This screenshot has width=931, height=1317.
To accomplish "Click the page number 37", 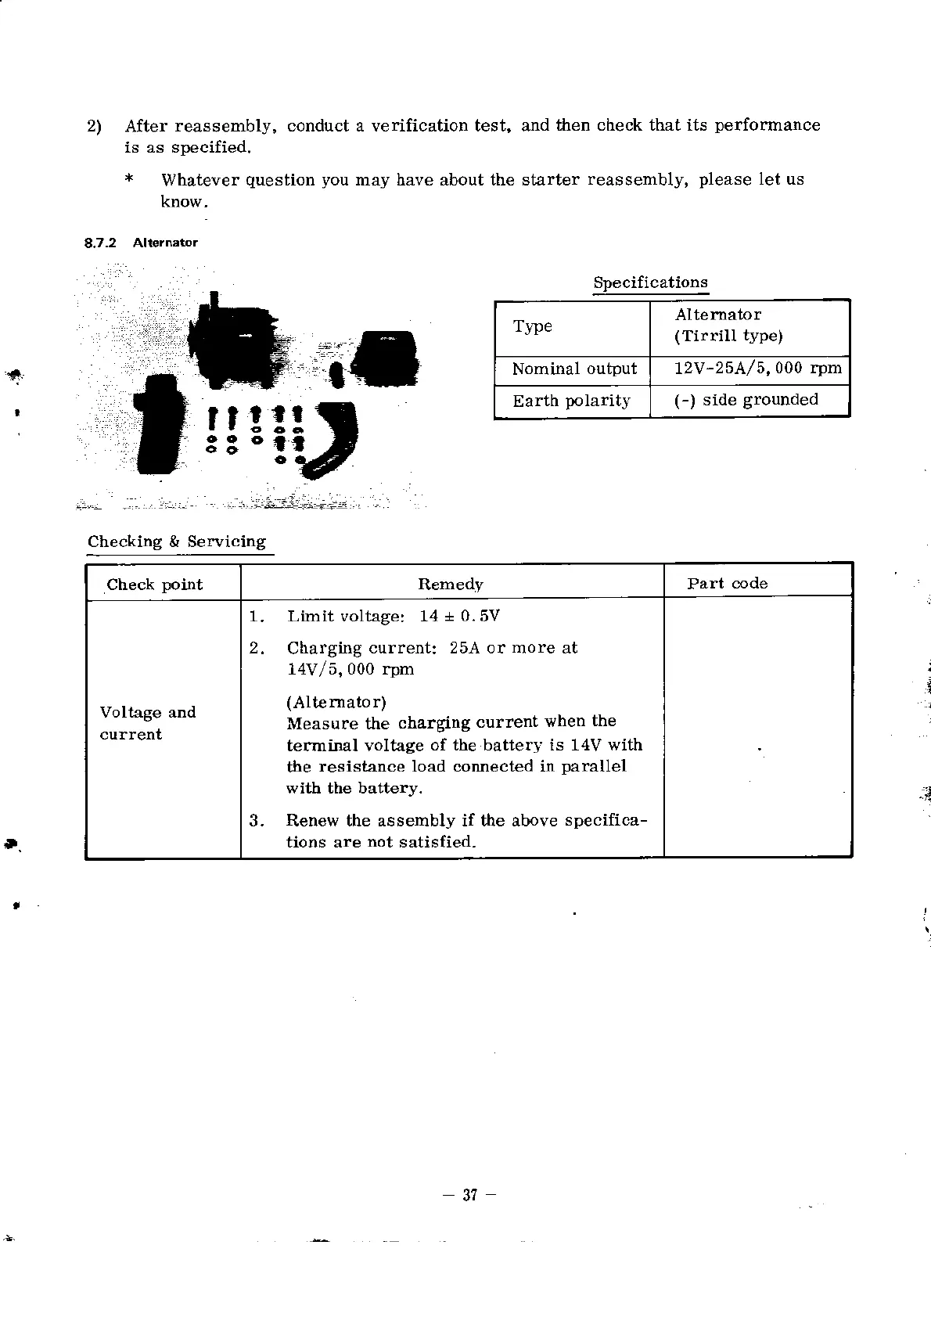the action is [x=469, y=1195].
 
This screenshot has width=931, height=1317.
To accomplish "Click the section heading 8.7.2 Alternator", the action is [x=142, y=243].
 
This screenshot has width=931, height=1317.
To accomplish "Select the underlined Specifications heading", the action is [x=650, y=282].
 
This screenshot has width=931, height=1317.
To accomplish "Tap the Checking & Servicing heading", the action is [x=177, y=542].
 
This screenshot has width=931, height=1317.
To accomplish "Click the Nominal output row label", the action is [x=574, y=369].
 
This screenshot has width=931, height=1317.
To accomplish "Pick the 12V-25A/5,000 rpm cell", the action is [x=757, y=369].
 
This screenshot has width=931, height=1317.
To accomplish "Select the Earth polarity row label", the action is [x=571, y=401].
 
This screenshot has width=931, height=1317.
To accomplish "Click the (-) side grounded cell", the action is [x=746, y=400].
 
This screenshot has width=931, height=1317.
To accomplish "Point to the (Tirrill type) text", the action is [x=728, y=336].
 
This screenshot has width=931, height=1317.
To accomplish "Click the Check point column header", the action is [x=154, y=585].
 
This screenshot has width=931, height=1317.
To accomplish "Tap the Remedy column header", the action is [x=451, y=585].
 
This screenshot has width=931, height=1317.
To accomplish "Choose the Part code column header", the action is [x=727, y=584].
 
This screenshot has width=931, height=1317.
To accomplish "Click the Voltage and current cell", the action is [x=147, y=723].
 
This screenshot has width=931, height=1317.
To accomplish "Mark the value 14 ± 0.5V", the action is [x=459, y=616].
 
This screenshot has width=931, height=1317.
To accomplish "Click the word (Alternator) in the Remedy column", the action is [x=336, y=702].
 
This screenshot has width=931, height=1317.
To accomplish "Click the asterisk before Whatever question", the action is [x=128, y=180].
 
